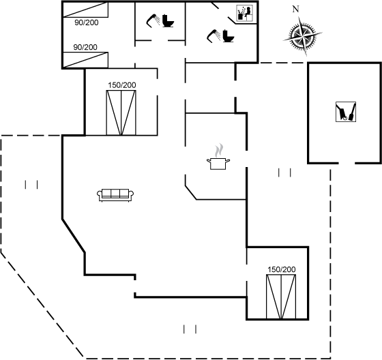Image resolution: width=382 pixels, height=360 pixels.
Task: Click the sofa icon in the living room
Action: click(115, 195)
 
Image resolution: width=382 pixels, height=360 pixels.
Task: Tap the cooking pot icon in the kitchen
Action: click(218, 164)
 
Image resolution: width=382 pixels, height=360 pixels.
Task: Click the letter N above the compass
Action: click(295, 10)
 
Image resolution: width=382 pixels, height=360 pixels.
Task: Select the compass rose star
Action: click(303, 36)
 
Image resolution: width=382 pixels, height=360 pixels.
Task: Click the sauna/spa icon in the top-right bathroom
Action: click(245, 14)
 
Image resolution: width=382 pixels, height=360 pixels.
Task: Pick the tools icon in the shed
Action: click(346, 112)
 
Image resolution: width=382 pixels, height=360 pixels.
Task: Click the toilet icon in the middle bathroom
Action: click(168, 21)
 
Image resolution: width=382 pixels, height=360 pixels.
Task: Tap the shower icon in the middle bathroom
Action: click(153, 20)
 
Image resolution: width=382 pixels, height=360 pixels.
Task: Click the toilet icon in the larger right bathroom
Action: click(229, 36)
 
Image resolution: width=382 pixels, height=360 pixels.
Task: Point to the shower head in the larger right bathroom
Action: click(214, 35)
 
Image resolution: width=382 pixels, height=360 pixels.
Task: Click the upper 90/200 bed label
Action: click(87, 22)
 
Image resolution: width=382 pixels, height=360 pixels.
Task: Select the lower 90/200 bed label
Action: click(85, 47)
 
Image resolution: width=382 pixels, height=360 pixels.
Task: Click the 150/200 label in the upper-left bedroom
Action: click(122, 85)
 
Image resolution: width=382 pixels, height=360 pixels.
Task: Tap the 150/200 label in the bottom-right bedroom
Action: click(281, 269)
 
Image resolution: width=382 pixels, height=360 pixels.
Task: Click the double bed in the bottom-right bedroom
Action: click(281, 297)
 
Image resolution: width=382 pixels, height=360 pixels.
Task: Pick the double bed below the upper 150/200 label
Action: click(121, 112)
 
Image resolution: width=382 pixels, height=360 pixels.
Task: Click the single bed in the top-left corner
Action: click(85, 10)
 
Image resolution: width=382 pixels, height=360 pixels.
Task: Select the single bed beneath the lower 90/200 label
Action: click(85, 60)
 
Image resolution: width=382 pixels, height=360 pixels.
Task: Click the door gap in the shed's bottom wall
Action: click(347, 163)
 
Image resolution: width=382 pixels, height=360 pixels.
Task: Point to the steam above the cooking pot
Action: click(218, 150)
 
